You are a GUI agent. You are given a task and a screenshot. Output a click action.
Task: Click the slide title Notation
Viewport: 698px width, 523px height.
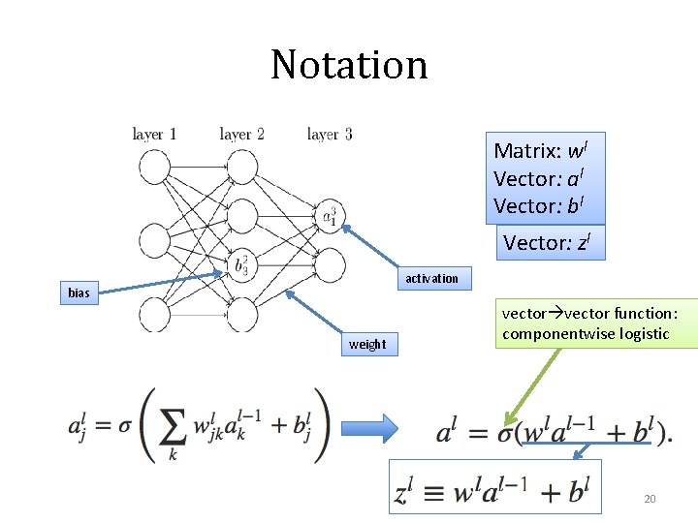point(349,66)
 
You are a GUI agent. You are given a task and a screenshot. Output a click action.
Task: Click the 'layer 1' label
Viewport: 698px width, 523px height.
point(154,135)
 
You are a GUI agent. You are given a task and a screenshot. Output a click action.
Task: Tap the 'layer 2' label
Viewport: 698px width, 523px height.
point(241,135)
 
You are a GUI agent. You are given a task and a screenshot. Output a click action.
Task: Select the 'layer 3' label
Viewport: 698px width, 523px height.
point(329,135)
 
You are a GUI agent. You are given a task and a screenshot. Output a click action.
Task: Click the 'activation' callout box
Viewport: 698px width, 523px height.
point(431,279)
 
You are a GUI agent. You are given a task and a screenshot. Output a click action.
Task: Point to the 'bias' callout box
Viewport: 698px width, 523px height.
point(79,292)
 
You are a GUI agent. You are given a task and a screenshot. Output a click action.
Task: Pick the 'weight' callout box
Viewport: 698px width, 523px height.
point(367,344)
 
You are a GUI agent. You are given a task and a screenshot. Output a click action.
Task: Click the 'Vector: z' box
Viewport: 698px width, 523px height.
point(549,244)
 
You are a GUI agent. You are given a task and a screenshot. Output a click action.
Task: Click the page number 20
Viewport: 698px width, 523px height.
point(650,499)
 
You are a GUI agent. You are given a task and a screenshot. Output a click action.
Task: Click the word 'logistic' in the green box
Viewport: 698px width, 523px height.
point(639,334)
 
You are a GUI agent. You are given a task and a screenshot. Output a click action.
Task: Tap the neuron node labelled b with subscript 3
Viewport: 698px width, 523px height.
point(241,263)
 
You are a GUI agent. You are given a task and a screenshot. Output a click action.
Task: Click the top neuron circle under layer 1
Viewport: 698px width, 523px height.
point(155,167)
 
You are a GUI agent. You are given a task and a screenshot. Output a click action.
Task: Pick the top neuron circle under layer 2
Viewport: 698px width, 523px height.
point(241,167)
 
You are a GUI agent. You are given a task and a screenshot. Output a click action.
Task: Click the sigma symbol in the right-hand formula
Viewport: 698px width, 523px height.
point(505,432)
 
